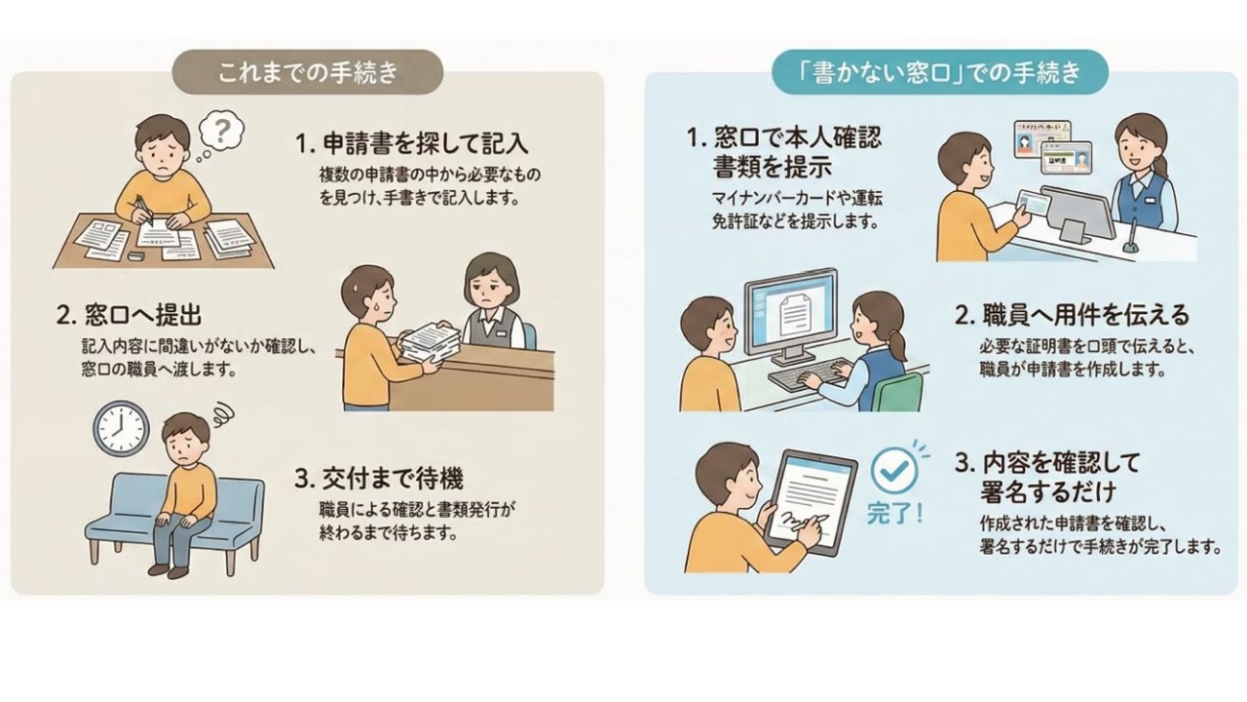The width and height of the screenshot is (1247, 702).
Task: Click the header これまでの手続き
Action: click(x=308, y=72)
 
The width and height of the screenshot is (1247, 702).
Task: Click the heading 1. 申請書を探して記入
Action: click(x=411, y=144)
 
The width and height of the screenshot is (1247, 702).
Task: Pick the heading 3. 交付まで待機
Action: click(x=379, y=479)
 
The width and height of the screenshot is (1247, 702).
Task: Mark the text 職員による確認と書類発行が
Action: click(x=417, y=510)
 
